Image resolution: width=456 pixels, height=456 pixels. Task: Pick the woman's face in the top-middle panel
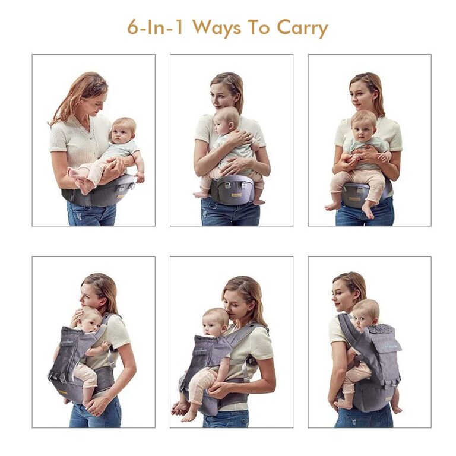[x=222, y=94]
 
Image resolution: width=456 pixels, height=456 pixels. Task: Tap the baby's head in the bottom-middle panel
[x=216, y=322]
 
